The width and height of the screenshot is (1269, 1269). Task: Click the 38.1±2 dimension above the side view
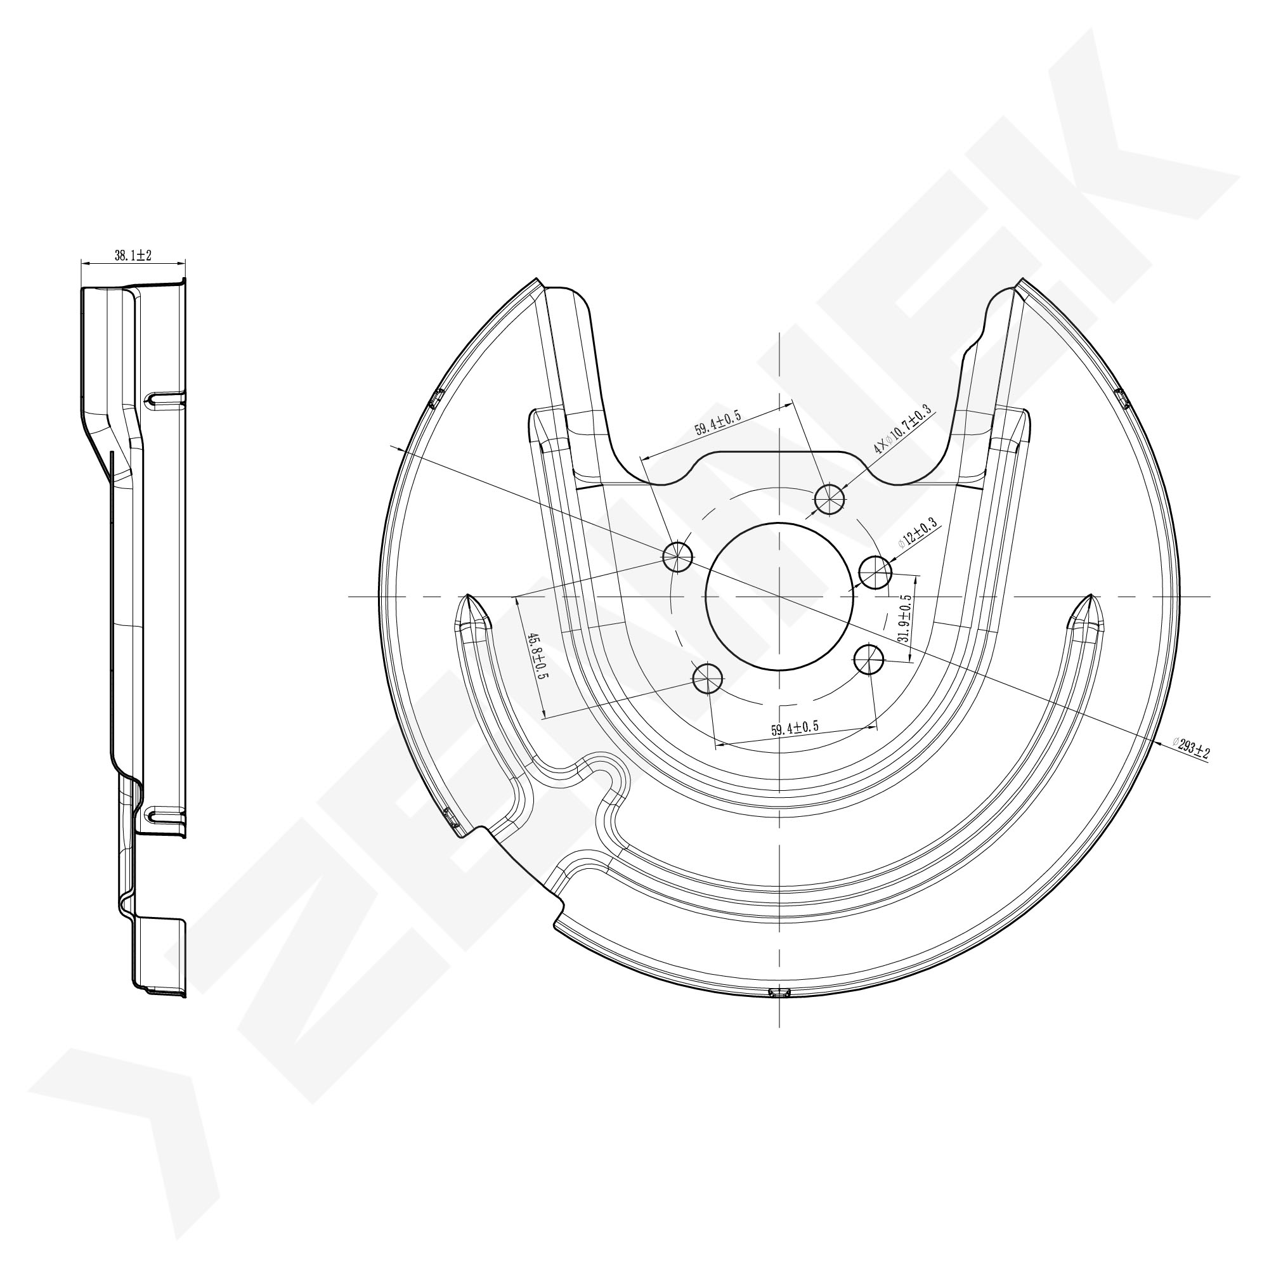133,256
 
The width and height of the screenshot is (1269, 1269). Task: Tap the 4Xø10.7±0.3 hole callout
902,431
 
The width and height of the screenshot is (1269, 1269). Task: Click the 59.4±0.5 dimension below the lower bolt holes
795,729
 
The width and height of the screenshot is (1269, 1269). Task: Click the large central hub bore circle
779,597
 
